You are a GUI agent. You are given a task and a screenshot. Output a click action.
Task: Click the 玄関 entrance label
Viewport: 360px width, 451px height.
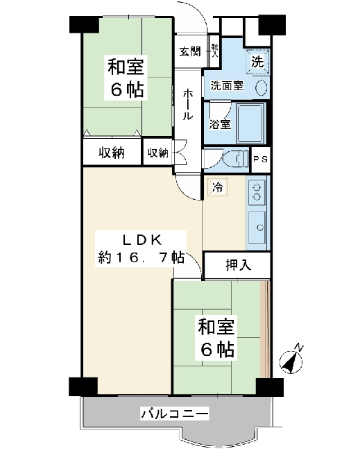[x=190, y=52]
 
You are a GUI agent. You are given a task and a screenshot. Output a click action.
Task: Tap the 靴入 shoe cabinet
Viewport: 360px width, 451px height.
[x=214, y=51]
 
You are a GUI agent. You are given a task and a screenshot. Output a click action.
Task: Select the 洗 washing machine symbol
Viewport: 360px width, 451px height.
[x=257, y=62]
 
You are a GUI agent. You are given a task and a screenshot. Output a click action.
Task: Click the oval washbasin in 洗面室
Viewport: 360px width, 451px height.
[x=262, y=87]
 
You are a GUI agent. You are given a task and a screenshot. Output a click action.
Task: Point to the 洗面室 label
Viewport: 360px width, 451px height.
[x=227, y=85]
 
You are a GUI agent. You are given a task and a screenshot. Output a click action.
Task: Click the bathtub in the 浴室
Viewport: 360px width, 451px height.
[x=250, y=123]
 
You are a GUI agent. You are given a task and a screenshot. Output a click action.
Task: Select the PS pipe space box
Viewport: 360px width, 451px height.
[x=261, y=160]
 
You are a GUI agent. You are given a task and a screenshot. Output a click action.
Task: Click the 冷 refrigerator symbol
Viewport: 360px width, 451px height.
[x=218, y=187]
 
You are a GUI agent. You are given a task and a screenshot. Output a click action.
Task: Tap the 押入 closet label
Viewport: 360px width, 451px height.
[x=239, y=265]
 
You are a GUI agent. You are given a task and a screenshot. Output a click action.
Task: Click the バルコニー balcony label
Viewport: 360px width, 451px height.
[x=175, y=414]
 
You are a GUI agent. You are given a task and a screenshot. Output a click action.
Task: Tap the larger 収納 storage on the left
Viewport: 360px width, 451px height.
[x=112, y=153]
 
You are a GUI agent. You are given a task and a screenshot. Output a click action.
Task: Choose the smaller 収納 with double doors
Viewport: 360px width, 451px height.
[x=158, y=153]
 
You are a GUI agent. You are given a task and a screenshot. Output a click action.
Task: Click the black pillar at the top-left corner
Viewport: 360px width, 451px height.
[x=85, y=24]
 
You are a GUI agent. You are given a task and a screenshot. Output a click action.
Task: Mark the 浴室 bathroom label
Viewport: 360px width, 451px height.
[x=221, y=124]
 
